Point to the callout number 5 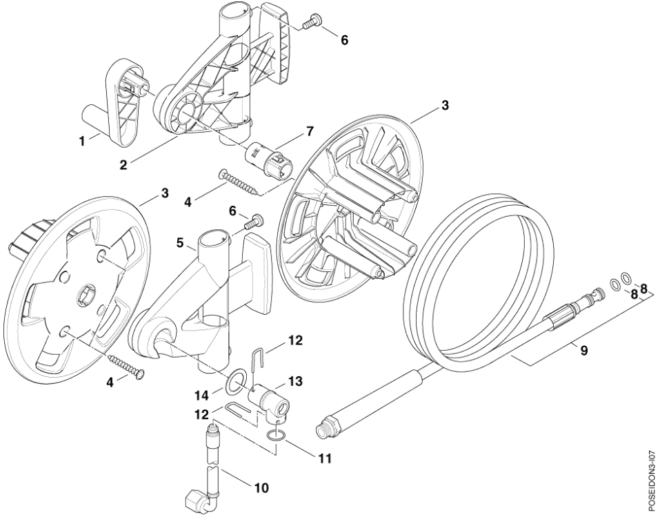click(180, 243)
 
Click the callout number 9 click(584, 351)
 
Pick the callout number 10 click(261, 488)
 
